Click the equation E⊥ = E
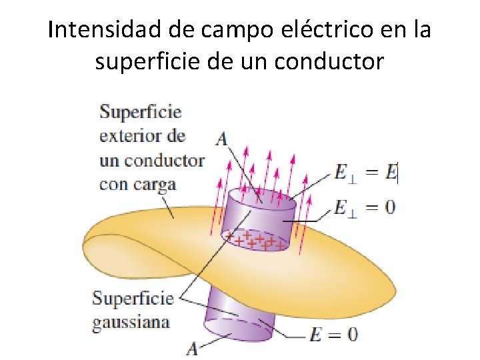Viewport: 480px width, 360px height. pyautogui.click(x=365, y=174)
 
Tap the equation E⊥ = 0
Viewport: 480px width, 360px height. pyautogui.click(x=365, y=207)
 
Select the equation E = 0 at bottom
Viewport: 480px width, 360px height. pyautogui.click(x=333, y=334)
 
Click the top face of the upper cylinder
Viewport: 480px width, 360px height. pyautogui.click(x=261, y=198)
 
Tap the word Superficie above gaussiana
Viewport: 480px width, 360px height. pyautogui.click(x=133, y=298)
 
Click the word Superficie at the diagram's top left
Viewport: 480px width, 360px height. pyautogui.click(x=141, y=112)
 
